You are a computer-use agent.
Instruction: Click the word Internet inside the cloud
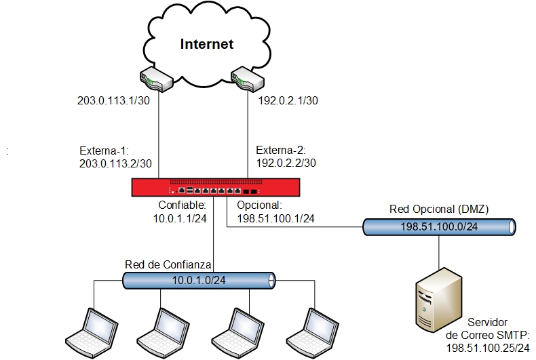207,45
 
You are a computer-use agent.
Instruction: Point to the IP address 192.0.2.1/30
288,101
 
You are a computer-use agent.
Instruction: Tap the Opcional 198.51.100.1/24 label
274,212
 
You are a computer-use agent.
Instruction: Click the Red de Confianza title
169,264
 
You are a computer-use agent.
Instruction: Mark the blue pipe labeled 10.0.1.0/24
199,279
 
